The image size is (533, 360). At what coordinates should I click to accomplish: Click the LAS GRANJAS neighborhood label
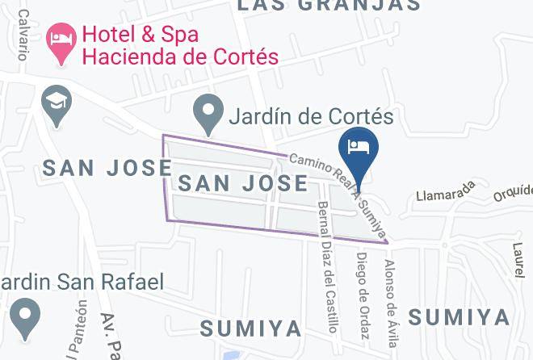pos(329,5)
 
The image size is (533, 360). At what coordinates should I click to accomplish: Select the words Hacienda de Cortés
pos(181,57)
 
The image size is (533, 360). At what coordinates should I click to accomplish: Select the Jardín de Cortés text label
pos(311,117)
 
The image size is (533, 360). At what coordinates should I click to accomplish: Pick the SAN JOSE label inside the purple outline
pos(242,183)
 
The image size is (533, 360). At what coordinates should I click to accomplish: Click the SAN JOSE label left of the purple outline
pos(107,168)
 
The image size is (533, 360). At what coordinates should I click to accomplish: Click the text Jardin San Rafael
pos(82,282)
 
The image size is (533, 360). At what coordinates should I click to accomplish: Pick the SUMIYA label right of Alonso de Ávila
pos(459,316)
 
